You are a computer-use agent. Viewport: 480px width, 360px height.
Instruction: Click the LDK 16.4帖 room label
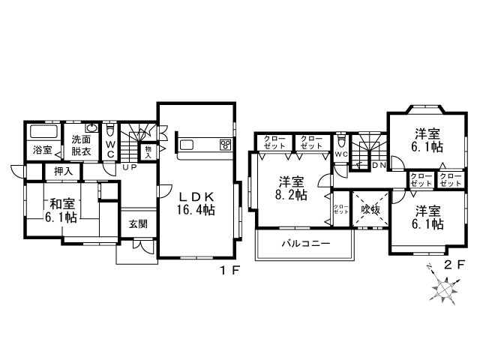[x=196, y=203]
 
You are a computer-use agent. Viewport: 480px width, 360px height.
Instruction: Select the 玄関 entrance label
[x=137, y=223]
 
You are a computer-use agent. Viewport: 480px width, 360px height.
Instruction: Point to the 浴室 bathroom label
[x=42, y=150]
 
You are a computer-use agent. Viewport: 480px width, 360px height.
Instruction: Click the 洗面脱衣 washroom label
[x=81, y=145]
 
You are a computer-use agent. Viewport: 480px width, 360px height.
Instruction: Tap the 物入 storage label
[x=148, y=151]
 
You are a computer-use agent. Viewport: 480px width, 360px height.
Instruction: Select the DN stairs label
[x=379, y=165]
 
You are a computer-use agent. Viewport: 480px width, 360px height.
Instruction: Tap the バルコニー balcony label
[x=303, y=244]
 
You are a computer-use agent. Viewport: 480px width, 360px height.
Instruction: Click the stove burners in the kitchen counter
[x=224, y=144]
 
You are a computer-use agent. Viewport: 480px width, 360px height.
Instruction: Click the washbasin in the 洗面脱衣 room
[x=92, y=128]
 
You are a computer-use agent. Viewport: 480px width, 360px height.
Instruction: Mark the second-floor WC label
[x=341, y=154]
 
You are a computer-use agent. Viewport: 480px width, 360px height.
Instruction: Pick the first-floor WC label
[x=110, y=148]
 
